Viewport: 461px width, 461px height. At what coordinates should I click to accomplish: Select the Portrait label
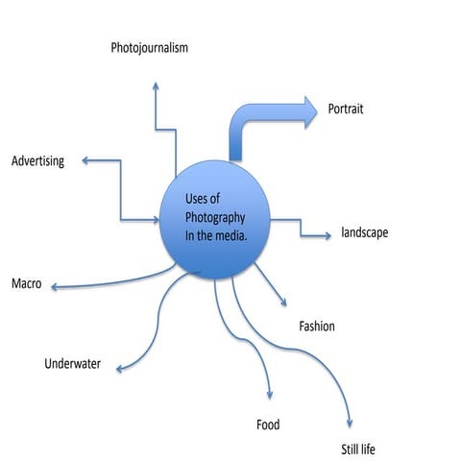346,109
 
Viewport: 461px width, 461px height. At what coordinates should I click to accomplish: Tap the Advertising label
37,160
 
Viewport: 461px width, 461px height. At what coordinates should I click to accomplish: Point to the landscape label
365,232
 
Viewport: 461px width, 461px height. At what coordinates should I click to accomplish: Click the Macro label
26,284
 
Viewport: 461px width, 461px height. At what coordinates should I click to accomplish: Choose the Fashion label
317,327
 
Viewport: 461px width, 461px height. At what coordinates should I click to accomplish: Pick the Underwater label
72,364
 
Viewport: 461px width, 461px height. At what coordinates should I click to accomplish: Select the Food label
268,425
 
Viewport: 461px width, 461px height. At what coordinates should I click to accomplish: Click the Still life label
361,449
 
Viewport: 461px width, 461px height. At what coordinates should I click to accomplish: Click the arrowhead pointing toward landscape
324,232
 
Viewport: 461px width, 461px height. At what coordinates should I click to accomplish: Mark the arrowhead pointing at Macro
55,286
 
